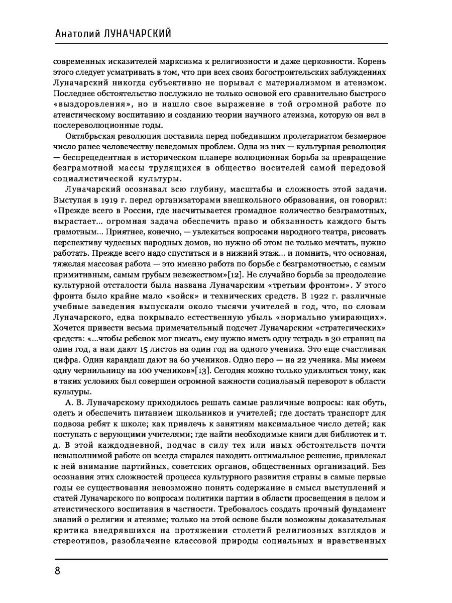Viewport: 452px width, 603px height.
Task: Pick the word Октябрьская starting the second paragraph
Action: [87, 136]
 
